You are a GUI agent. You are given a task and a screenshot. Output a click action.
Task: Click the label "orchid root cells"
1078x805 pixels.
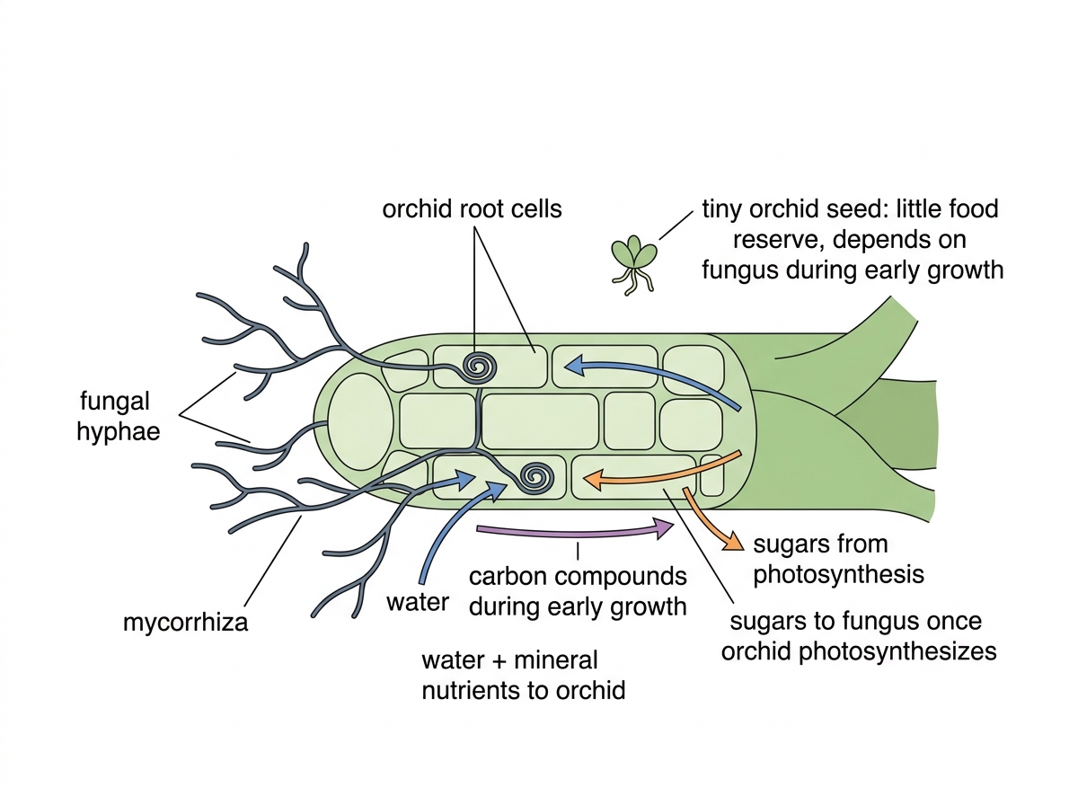(472, 209)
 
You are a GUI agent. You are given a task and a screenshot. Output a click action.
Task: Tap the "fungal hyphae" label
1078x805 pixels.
(118, 416)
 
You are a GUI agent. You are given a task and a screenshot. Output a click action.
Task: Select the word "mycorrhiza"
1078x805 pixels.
(185, 623)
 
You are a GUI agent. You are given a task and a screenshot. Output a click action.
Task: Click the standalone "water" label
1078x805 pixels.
(418, 602)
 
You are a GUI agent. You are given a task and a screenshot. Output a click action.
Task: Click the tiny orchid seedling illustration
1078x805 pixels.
(633, 264)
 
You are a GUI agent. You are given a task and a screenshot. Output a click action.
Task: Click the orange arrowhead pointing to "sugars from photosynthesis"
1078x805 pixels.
(733, 543)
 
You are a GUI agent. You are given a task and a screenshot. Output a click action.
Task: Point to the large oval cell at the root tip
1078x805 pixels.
(360, 421)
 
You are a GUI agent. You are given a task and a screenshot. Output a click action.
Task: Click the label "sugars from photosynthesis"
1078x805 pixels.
(838, 559)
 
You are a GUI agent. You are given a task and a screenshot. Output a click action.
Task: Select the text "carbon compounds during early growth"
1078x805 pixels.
(578, 591)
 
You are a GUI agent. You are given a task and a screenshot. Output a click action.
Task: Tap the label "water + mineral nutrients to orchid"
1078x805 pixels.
(524, 676)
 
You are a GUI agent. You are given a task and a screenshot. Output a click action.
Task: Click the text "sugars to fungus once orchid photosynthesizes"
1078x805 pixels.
(859, 636)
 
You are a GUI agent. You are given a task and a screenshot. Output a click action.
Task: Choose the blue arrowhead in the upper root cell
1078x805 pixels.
(576, 366)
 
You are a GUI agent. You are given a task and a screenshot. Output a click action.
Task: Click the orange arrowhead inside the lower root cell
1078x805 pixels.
(593, 480)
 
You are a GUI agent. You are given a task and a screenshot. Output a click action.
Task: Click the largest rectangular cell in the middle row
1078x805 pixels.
(540, 421)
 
